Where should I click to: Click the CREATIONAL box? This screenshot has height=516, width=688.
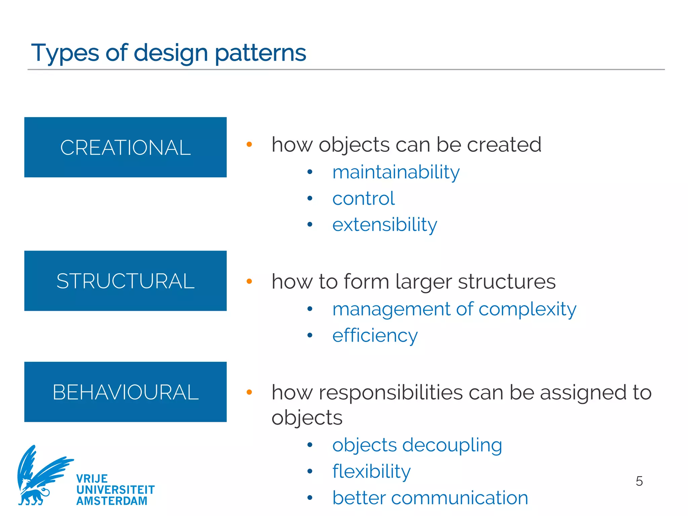[125, 147]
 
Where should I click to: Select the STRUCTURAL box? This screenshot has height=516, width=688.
[125, 281]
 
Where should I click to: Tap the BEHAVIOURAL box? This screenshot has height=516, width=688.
[125, 392]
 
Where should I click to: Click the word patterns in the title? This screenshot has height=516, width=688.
[260, 53]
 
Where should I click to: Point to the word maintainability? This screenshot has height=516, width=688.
[396, 172]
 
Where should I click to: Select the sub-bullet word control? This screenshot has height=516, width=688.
[363, 199]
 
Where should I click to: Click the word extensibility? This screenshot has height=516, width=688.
[384, 224]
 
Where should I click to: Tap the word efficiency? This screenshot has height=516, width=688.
[375, 336]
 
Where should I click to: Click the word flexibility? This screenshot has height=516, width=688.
[371, 472]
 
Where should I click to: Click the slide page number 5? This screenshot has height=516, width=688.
[639, 481]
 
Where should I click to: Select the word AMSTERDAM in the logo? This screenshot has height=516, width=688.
[112, 501]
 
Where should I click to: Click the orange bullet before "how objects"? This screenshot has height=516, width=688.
[249, 144]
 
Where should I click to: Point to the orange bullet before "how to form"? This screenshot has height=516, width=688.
[249, 281]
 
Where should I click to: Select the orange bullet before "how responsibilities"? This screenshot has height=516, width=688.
[249, 392]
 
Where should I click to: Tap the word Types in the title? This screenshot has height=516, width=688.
[65, 53]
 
